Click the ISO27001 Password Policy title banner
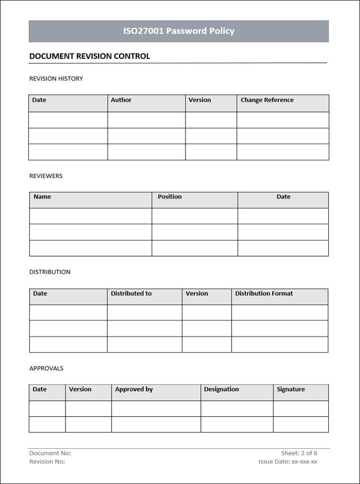pos(179,31)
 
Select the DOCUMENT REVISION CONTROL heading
pos(90,56)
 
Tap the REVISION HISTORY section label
pos(56,79)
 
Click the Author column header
pos(121,100)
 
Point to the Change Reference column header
pos(267,100)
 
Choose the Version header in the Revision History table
pos(199,100)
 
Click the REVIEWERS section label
pos(46,176)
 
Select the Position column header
pos(170,197)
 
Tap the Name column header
pos(42,197)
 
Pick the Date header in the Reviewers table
pos(283,197)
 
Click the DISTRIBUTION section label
pos(50,272)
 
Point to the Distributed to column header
pos(131,293)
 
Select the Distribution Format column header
pos(264,293)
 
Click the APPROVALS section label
pos(46,369)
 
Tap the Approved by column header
pos(134,389)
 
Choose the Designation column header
pos(221,389)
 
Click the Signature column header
pos(291,389)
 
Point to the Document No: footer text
pos(50,453)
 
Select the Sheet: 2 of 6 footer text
pos(299,453)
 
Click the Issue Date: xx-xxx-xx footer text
pos(288,462)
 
